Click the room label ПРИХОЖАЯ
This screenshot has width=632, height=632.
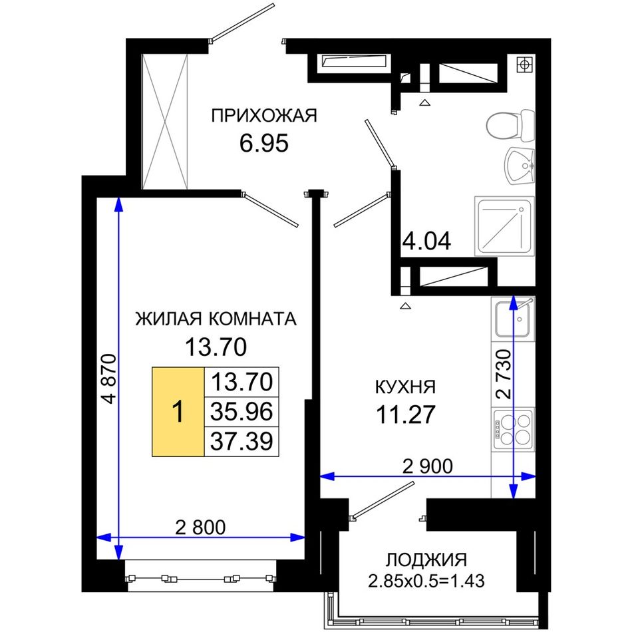click(264, 116)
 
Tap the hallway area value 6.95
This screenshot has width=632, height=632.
click(264, 143)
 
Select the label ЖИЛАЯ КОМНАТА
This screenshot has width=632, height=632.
click(216, 319)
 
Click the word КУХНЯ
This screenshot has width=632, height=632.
click(406, 387)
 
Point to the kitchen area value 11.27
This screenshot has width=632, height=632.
click(406, 414)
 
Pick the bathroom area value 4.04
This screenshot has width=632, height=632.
click(427, 241)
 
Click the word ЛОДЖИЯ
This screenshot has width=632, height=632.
click(426, 559)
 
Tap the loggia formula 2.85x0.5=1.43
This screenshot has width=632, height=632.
click(426, 581)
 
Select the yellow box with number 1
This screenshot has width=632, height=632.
click(178, 412)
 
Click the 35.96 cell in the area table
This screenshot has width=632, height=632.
click(241, 412)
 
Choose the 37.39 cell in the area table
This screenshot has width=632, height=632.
click(241, 441)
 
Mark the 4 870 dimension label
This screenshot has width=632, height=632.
click(109, 379)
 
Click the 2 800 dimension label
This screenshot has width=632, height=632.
click(200, 527)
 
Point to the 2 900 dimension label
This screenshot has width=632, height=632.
click(428, 466)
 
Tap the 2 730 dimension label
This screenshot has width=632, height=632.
click(504, 374)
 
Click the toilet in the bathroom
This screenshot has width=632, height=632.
click(510, 125)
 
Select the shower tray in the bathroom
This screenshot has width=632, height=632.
click(505, 226)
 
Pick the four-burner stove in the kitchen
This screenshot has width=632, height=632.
click(513, 429)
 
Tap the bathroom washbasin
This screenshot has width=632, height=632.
click(520, 166)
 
